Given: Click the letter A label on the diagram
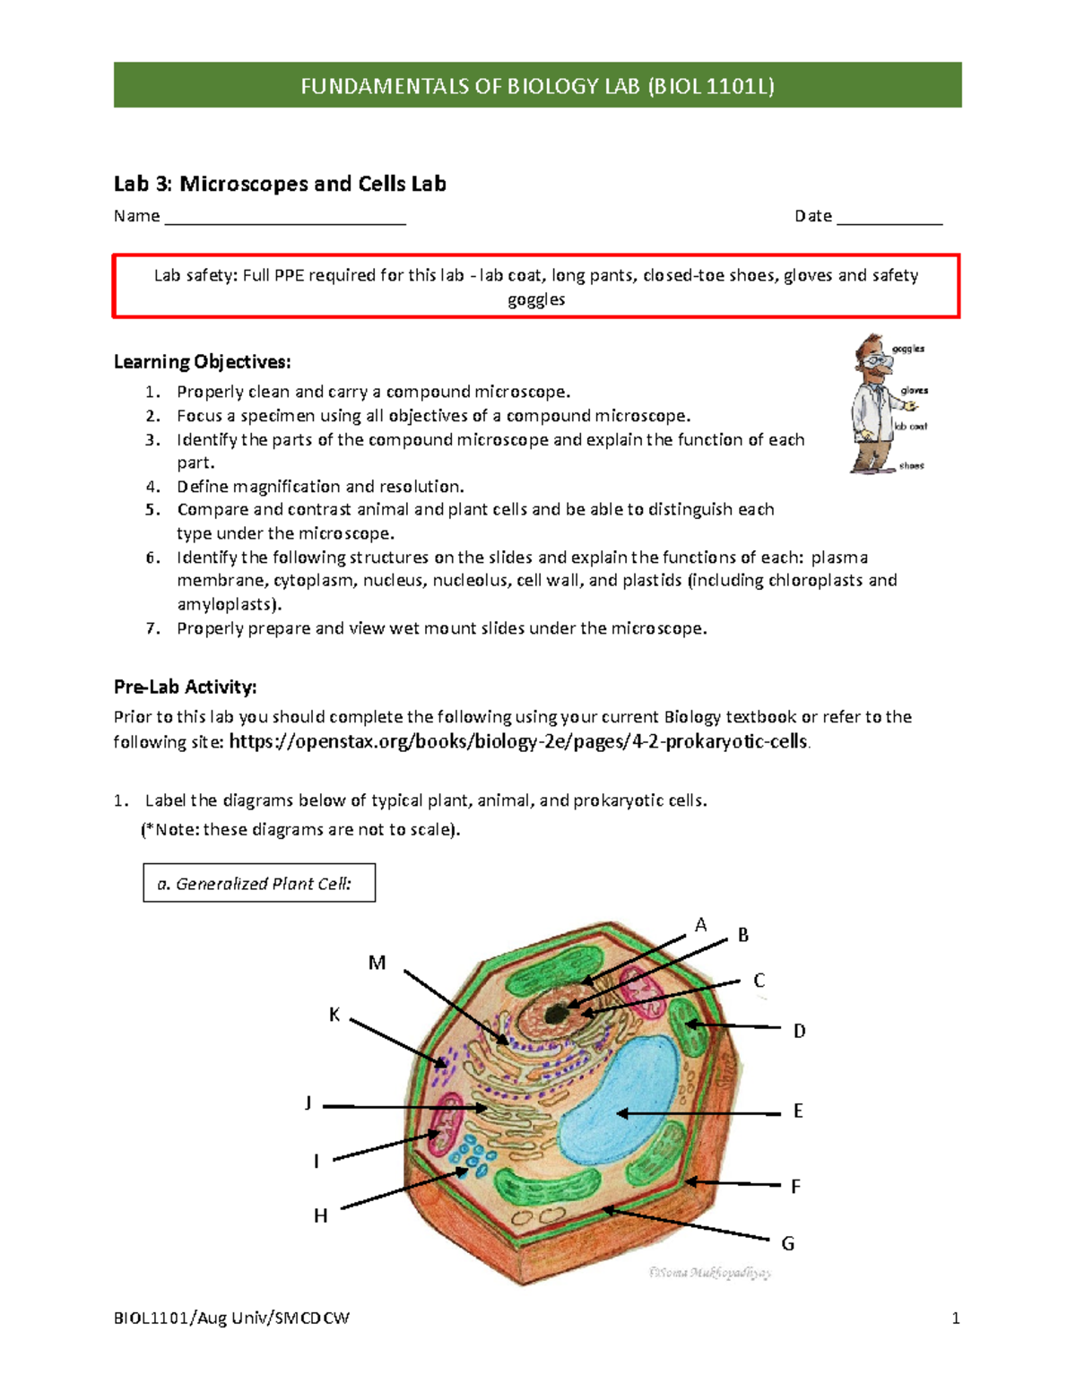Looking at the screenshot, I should (700, 925).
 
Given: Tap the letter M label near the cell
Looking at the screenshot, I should (377, 963).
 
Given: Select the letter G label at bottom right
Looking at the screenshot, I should (787, 1243).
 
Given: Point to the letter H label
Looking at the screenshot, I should (320, 1215).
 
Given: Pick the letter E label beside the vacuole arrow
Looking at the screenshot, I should (798, 1111).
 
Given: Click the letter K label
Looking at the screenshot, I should (334, 1015).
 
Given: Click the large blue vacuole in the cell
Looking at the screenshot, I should (619, 1098).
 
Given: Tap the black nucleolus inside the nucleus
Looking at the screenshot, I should (557, 1013).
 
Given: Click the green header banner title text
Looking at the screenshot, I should (537, 86).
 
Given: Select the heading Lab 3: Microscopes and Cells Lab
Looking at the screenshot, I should (280, 184).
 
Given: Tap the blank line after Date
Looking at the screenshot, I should (889, 217).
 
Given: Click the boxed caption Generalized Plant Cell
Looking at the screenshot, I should (259, 884).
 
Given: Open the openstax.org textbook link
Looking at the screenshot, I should (519, 741).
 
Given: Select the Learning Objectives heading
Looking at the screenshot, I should (202, 362).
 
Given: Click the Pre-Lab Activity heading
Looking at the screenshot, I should (185, 687).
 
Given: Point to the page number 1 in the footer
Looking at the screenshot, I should (956, 1318).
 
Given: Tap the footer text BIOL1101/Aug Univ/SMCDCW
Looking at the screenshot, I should (231, 1318).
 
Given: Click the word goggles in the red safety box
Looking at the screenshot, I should (536, 299).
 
